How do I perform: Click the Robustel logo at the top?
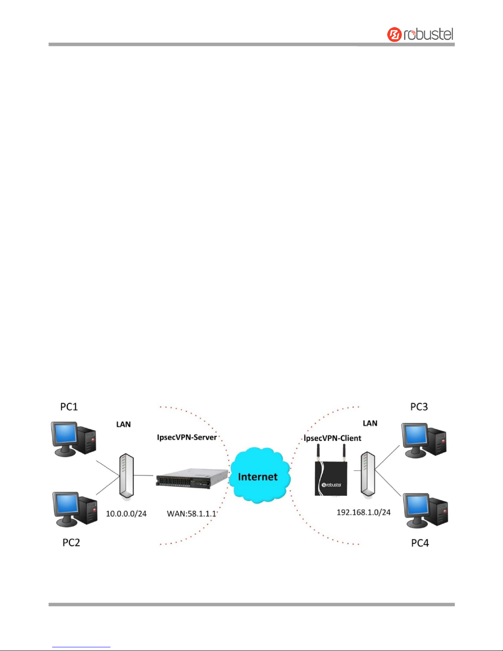420,34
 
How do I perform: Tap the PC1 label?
69,407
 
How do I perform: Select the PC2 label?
71,543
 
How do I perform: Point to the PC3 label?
419,407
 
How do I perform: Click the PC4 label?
420,543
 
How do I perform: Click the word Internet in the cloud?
258,476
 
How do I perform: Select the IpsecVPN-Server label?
187,437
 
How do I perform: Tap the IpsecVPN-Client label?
333,438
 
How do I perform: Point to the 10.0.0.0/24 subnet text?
126,513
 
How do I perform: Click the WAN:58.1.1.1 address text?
191,513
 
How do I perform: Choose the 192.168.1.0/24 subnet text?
363,512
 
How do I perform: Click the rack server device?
191,478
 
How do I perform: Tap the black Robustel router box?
331,478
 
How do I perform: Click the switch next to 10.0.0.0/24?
126,475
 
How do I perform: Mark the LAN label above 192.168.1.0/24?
370,423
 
